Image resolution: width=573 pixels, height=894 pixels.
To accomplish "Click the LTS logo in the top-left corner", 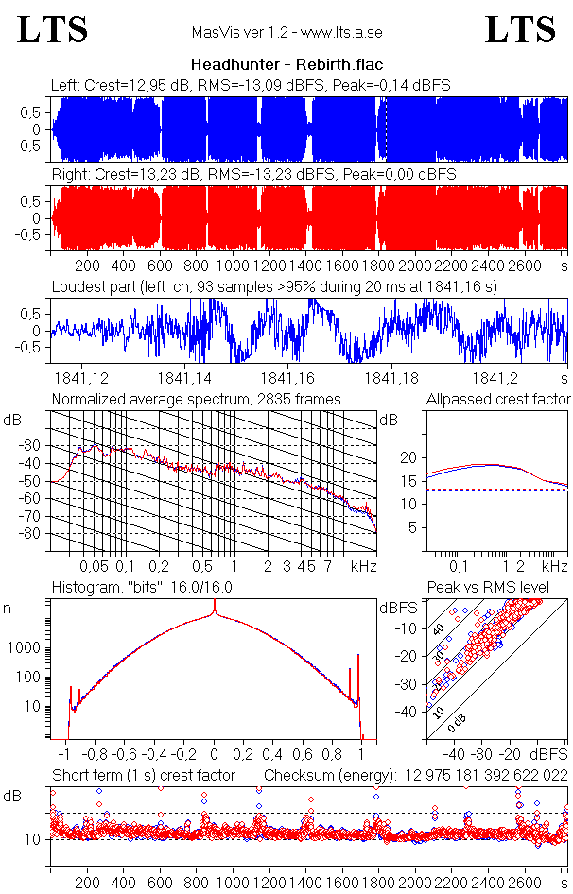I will point(53,29).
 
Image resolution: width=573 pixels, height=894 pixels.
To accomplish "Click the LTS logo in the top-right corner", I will point(520,29).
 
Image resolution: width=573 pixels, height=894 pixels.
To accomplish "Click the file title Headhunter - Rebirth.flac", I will point(286,65).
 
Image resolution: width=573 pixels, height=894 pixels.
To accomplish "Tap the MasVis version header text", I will point(286,33).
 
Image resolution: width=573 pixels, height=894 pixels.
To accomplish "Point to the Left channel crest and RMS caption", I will point(251,85).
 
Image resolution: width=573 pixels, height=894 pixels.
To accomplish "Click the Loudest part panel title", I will point(275,286).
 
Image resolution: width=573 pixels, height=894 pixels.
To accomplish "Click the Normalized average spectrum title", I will point(197,399).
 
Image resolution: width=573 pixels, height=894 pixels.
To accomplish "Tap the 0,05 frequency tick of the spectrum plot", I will point(94,566).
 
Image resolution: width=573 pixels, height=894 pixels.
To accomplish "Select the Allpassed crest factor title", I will point(498,399).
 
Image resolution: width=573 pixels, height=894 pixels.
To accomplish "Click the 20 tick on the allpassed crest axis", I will point(408,457).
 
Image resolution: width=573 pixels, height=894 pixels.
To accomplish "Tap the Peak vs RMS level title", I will point(501,588).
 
